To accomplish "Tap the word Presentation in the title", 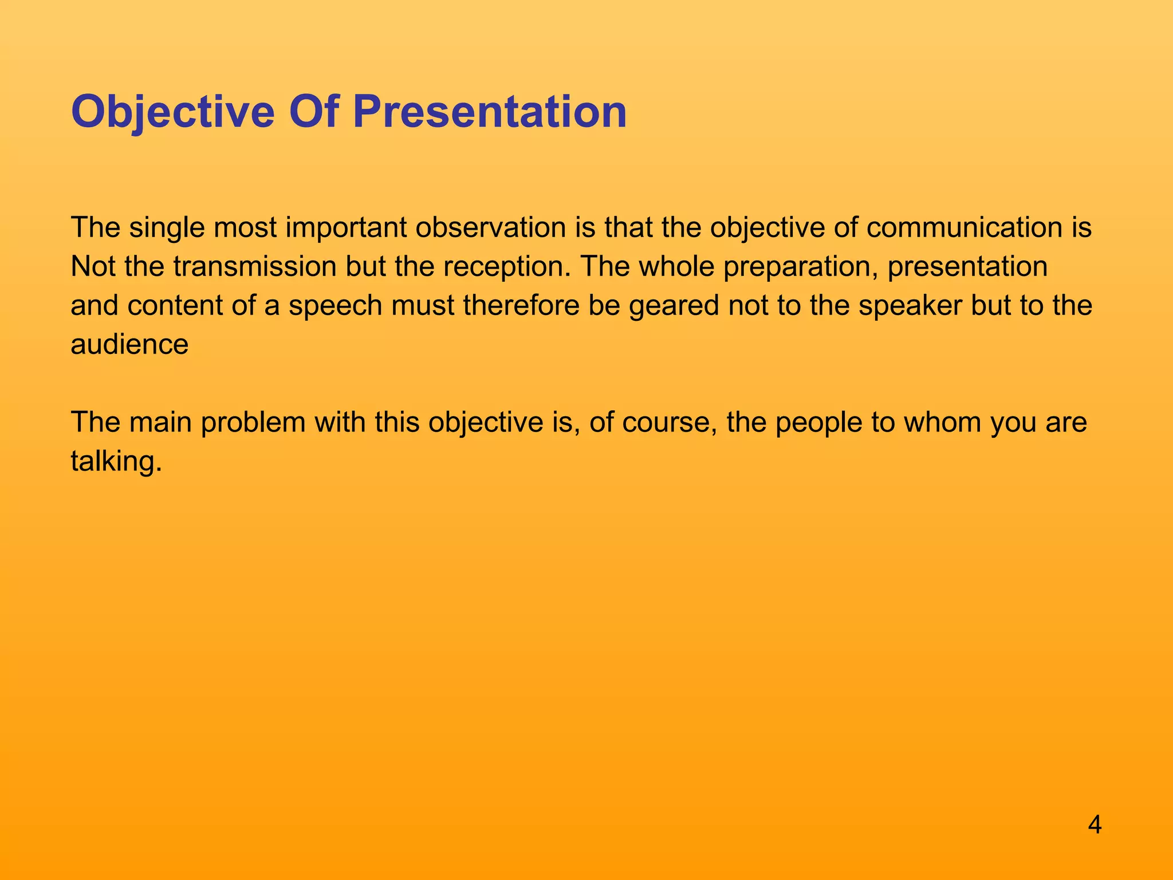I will pos(489,112).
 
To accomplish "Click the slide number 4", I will pos(1095,826).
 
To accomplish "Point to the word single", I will pos(167,228).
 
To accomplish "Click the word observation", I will pos(490,228).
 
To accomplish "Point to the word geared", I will pos(674,307).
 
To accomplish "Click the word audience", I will pos(129,345).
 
